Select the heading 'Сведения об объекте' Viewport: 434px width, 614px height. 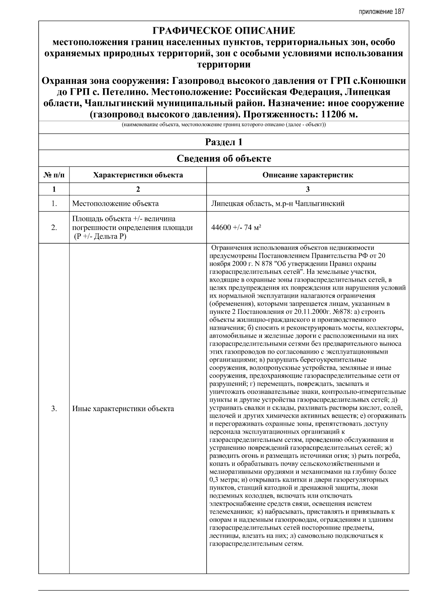[x=224, y=158]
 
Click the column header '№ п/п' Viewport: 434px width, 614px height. [x=54, y=175]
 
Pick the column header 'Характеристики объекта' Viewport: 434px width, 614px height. [x=138, y=175]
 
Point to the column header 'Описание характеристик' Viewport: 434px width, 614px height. [x=307, y=175]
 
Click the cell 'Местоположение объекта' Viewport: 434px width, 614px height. [x=115, y=204]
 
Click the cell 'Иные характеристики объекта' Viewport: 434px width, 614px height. [x=123, y=409]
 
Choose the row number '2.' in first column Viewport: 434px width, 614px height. [x=54, y=228]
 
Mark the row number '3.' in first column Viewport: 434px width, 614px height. [x=54, y=409]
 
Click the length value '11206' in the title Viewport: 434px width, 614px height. [x=333, y=115]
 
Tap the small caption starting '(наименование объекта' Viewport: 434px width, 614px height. [x=224, y=125]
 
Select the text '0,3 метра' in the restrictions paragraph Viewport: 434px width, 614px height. [x=224, y=480]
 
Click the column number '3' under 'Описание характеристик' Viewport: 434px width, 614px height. [x=307, y=189]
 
